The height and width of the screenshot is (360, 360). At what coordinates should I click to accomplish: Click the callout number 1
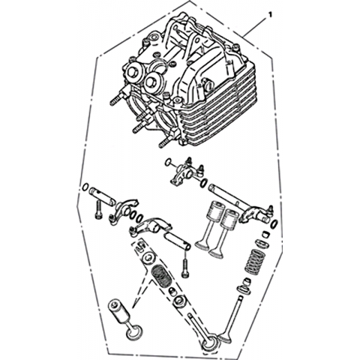(269, 15)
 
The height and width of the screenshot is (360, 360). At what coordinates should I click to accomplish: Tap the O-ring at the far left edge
(85, 187)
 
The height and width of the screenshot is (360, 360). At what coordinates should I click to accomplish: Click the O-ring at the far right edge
(274, 224)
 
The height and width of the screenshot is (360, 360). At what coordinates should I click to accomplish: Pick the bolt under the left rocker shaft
(97, 211)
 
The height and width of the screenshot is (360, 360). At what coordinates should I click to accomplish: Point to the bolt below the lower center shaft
(185, 268)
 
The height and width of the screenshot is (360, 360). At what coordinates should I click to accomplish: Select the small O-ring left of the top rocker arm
(168, 162)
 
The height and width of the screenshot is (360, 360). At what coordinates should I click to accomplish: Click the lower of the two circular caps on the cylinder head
(151, 82)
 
